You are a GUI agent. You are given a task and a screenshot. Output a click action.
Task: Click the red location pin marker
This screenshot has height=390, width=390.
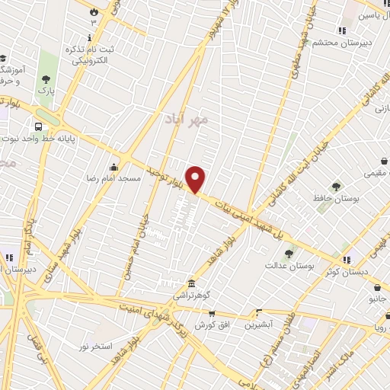point(197,179)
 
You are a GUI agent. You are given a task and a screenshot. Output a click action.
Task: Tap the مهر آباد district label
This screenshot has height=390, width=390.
point(186,120)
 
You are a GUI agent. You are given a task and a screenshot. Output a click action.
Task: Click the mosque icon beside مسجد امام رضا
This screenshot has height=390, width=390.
point(114,167)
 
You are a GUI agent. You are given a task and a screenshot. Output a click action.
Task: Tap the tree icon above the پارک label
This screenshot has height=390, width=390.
point(46,78)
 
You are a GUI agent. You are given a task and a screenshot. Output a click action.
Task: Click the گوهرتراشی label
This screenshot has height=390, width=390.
point(190,295)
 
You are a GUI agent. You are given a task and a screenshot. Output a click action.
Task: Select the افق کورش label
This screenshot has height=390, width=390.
point(212,324)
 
